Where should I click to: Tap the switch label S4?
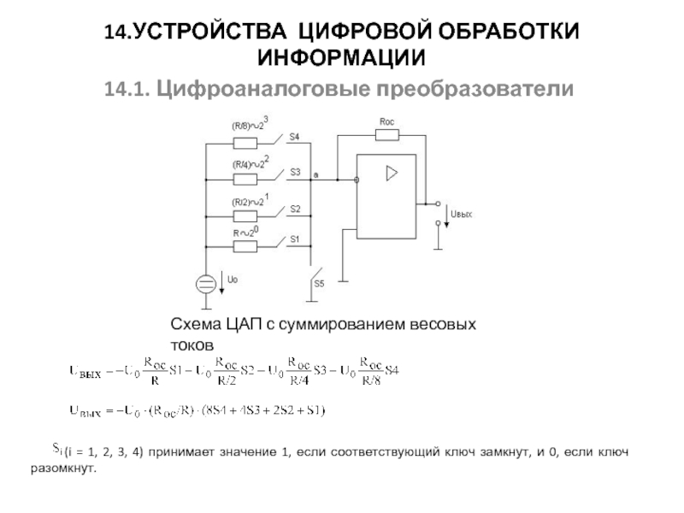(x=294, y=136)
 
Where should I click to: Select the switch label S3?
(x=294, y=172)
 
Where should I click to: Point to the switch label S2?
(x=294, y=208)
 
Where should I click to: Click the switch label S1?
(x=294, y=239)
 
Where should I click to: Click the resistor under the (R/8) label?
(x=245, y=143)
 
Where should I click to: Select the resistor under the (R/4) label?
(x=245, y=180)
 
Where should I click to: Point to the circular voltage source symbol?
(x=206, y=284)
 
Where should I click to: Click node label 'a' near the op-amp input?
(x=317, y=174)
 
